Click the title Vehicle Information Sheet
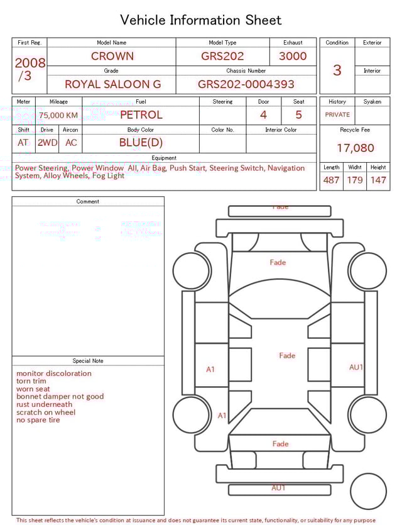201,20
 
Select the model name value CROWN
112,56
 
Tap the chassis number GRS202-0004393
246,84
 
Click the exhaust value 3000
293,56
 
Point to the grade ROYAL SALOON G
112,84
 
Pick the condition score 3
337,70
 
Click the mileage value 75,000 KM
58,115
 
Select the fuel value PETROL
141,115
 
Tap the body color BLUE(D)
141,143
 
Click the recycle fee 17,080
355,148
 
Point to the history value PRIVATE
337,114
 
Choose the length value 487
331,180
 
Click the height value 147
378,180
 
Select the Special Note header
88,361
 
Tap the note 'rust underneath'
44,404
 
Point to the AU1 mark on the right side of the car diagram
356,367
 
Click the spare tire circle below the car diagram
368,492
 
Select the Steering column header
222,102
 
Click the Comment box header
88,202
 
